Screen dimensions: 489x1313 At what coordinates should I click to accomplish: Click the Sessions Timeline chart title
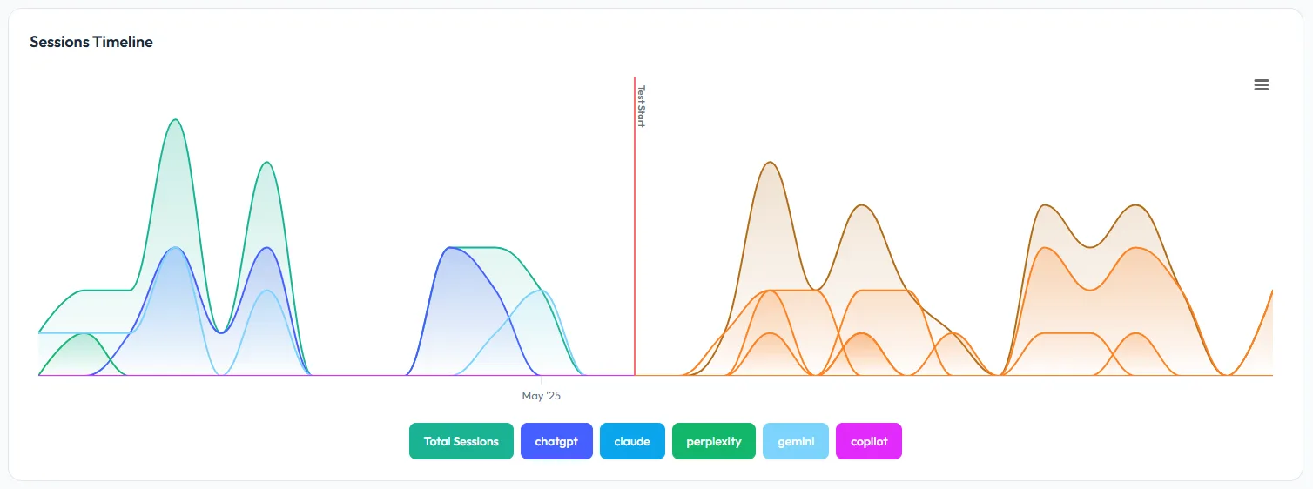coord(91,42)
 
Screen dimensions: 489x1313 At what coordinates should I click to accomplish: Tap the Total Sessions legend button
coord(461,441)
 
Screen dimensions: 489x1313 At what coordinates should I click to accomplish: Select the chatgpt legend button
coord(556,441)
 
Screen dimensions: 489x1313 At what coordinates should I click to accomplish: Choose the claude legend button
coord(632,441)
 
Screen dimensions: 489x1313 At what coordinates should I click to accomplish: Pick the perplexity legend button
coord(714,441)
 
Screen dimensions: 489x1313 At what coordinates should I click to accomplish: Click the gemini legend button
coord(796,441)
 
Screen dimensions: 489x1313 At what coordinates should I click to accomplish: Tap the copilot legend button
coord(869,441)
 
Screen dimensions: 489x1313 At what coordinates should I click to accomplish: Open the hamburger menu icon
coord(1262,84)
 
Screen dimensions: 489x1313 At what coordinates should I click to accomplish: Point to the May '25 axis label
coord(542,396)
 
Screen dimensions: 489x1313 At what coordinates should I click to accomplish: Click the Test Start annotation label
coord(641,106)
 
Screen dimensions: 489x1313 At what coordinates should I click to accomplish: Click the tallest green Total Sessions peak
coord(176,119)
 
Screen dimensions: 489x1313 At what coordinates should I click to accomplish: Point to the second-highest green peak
coord(267,162)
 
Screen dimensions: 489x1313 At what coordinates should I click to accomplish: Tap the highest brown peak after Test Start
coord(770,162)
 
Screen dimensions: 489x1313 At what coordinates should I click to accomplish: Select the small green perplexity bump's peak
coord(83,333)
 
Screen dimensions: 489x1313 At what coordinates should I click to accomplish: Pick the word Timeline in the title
coord(122,42)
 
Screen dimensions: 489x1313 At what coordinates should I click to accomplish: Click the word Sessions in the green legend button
coord(476,441)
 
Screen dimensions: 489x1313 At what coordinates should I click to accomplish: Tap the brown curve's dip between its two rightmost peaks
coord(1089,246)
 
